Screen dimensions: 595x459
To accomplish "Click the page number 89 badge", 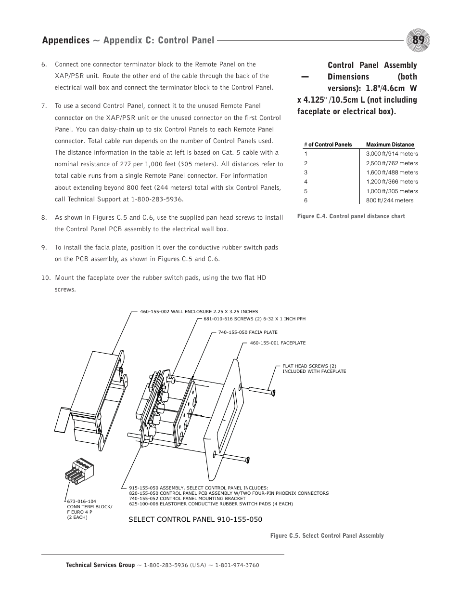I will click(x=418, y=40).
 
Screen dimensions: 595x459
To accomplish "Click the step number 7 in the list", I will click(x=44, y=106).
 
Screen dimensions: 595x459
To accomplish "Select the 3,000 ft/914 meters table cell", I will click(x=392, y=154).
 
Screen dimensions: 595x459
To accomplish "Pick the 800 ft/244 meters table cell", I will click(x=389, y=200).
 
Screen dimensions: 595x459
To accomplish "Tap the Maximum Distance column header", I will click(x=390, y=145).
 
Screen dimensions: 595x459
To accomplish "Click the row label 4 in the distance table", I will click(x=306, y=182).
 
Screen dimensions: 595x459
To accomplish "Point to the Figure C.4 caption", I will click(x=351, y=216).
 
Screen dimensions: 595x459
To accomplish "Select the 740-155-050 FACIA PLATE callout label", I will click(x=247, y=332).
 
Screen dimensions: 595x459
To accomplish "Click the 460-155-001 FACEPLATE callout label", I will click(x=278, y=343).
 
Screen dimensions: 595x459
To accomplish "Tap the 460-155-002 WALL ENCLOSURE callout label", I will click(x=199, y=312).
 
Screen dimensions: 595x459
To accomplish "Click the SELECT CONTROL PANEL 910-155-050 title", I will click(x=195, y=519).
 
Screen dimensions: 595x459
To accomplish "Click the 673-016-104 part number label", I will click(x=81, y=502).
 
